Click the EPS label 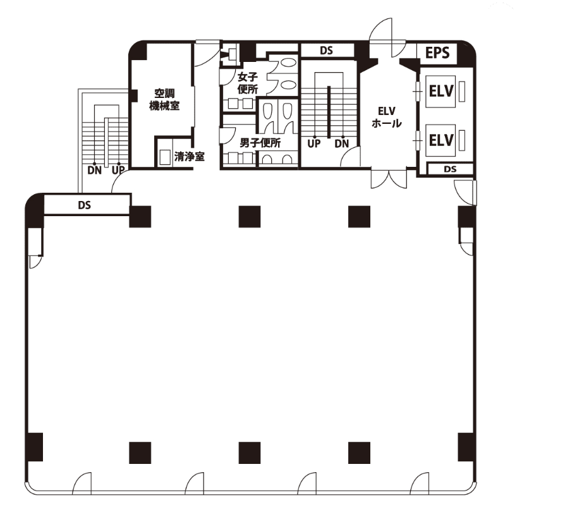[437, 52]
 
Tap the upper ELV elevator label [441, 91]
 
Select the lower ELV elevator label [441, 140]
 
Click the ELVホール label [386, 117]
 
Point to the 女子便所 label [248, 83]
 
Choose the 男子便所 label [260, 143]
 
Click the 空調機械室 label [164, 99]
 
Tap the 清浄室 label [189, 157]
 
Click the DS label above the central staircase [326, 51]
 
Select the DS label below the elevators [450, 169]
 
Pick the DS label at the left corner [84, 205]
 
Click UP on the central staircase [314, 143]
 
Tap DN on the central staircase [341, 143]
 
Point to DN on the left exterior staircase [95, 170]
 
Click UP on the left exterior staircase [118, 170]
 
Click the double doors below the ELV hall [389, 178]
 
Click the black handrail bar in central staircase [329, 112]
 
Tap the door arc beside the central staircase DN [349, 155]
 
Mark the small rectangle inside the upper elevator [462, 91]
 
